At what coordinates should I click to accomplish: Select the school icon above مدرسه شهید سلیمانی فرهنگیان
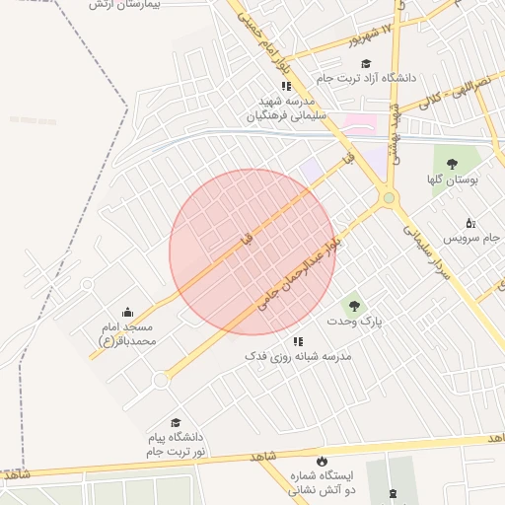[x=286, y=87]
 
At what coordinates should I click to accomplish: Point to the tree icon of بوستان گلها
[x=452, y=165]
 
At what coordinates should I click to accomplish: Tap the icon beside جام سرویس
[x=470, y=223]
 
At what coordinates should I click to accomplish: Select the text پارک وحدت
[x=354, y=322]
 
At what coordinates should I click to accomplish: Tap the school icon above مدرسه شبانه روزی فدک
[x=299, y=341]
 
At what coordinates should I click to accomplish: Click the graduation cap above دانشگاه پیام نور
[x=176, y=422]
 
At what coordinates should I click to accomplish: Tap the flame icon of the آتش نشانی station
[x=321, y=461]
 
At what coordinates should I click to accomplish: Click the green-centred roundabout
[x=390, y=198]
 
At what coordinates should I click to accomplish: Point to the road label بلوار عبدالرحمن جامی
[x=300, y=267]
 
